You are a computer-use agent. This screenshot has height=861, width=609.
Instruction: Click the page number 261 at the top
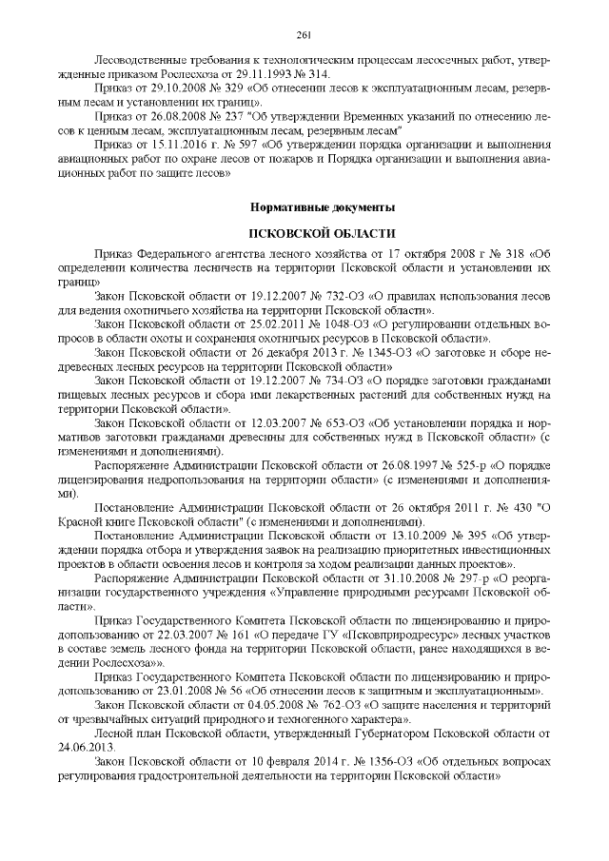(x=304, y=35)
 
